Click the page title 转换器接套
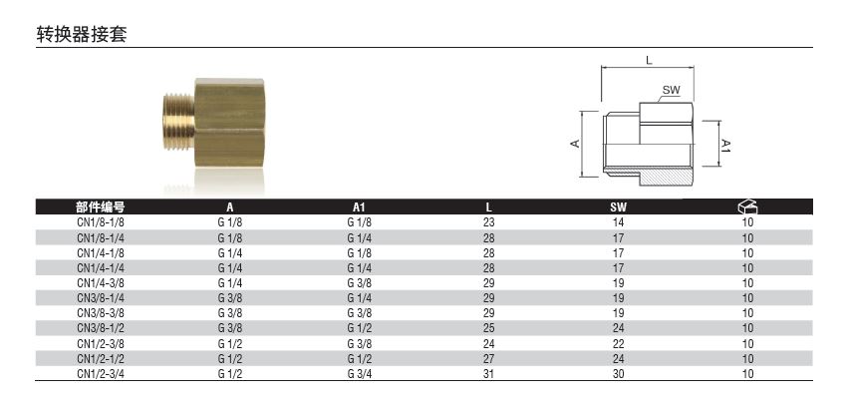pos(82,34)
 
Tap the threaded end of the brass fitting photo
pos(178,122)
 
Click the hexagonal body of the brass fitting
pos(229,123)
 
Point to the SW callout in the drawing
pos(671,91)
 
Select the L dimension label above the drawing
pos(649,60)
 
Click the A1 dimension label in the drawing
pos(726,146)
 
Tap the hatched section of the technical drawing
pos(666,178)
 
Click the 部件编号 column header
pos(101,207)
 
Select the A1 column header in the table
pos(359,207)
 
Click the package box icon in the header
pos(747,206)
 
